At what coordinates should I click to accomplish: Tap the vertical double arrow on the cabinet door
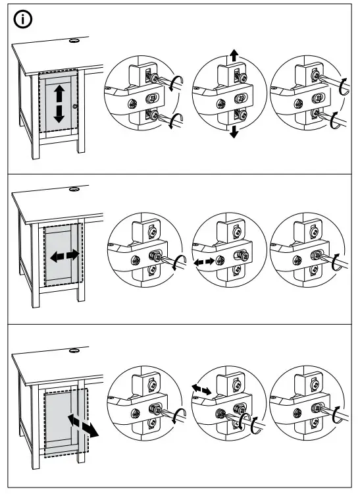point(59,103)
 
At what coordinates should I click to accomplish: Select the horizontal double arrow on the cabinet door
point(63,255)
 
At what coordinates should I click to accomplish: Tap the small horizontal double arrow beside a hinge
point(203,261)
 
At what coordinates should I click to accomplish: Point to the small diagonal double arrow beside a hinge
point(201,391)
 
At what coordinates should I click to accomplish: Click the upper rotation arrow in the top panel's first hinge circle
point(174,82)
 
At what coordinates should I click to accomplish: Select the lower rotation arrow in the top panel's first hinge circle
point(174,121)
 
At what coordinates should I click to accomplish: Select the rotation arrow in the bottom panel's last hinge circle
point(340,415)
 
